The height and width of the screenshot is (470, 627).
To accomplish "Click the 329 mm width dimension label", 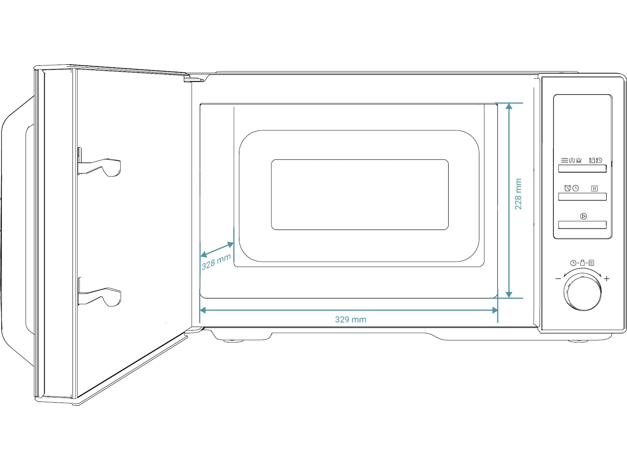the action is [350, 319].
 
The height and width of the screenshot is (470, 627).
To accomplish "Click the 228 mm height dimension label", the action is [518, 194].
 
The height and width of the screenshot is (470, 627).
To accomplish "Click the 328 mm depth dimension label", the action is [216, 262].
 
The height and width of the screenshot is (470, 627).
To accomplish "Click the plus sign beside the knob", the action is [607, 278].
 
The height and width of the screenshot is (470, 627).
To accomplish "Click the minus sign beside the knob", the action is [558, 278].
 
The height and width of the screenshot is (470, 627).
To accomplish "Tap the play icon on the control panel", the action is [584, 216].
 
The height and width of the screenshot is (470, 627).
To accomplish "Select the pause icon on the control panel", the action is [594, 188].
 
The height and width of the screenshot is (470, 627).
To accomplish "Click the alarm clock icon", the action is [567, 188].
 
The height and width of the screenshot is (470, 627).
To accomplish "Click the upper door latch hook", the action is [100, 167].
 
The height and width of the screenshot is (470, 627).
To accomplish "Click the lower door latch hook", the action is [100, 296].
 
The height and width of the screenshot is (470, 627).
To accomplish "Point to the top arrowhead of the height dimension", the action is [509, 106].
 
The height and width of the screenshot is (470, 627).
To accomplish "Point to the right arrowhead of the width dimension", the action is [495, 310].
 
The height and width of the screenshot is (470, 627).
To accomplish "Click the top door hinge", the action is [194, 78].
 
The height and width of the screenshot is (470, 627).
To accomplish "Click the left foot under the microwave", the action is [233, 341].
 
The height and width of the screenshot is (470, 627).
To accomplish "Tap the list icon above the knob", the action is [591, 262].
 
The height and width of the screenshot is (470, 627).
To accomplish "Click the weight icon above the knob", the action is [582, 262].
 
